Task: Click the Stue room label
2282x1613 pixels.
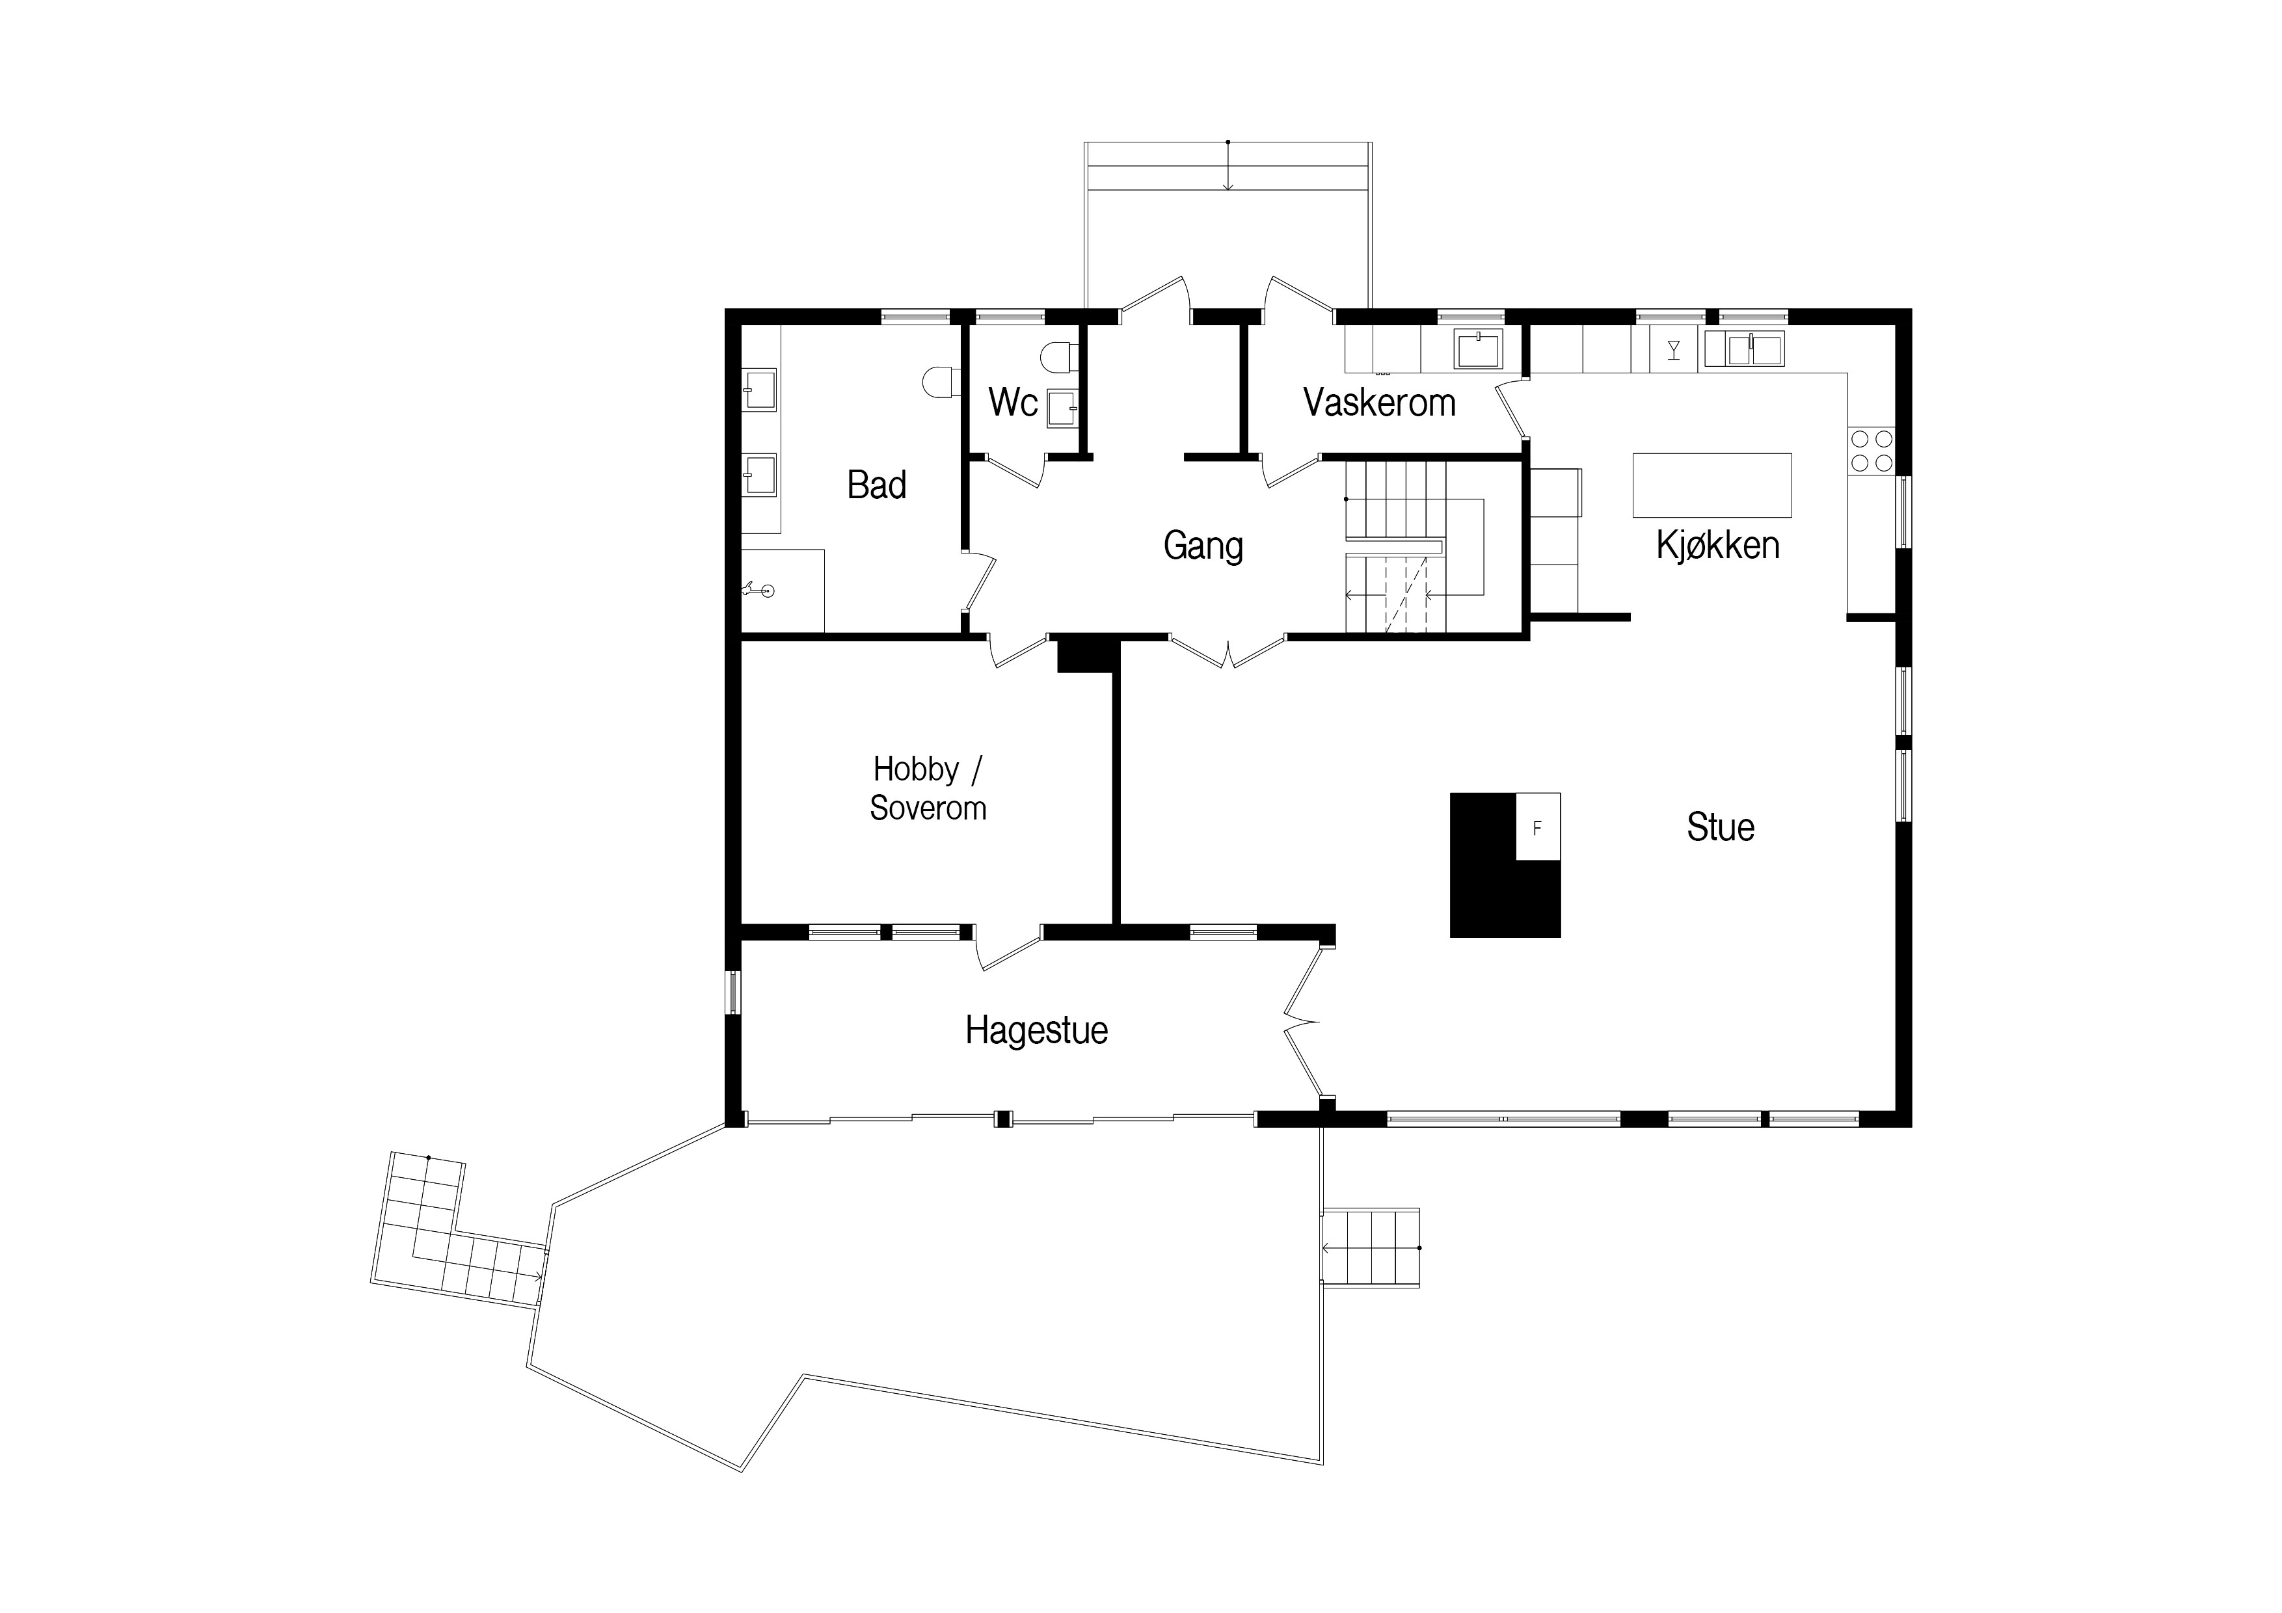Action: pos(1721,827)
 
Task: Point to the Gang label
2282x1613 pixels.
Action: pos(1203,546)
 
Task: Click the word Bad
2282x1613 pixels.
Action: pos(877,485)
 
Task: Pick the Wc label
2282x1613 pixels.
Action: pos(1013,403)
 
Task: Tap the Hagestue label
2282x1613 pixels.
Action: pos(1037,1031)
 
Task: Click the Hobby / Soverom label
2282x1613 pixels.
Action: pos(928,788)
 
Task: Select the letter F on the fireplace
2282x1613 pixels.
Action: pos(1537,828)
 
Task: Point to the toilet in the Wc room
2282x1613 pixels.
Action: pos(1056,356)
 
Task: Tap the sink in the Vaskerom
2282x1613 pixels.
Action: pos(1479,350)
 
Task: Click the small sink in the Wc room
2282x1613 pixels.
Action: pos(1062,408)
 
